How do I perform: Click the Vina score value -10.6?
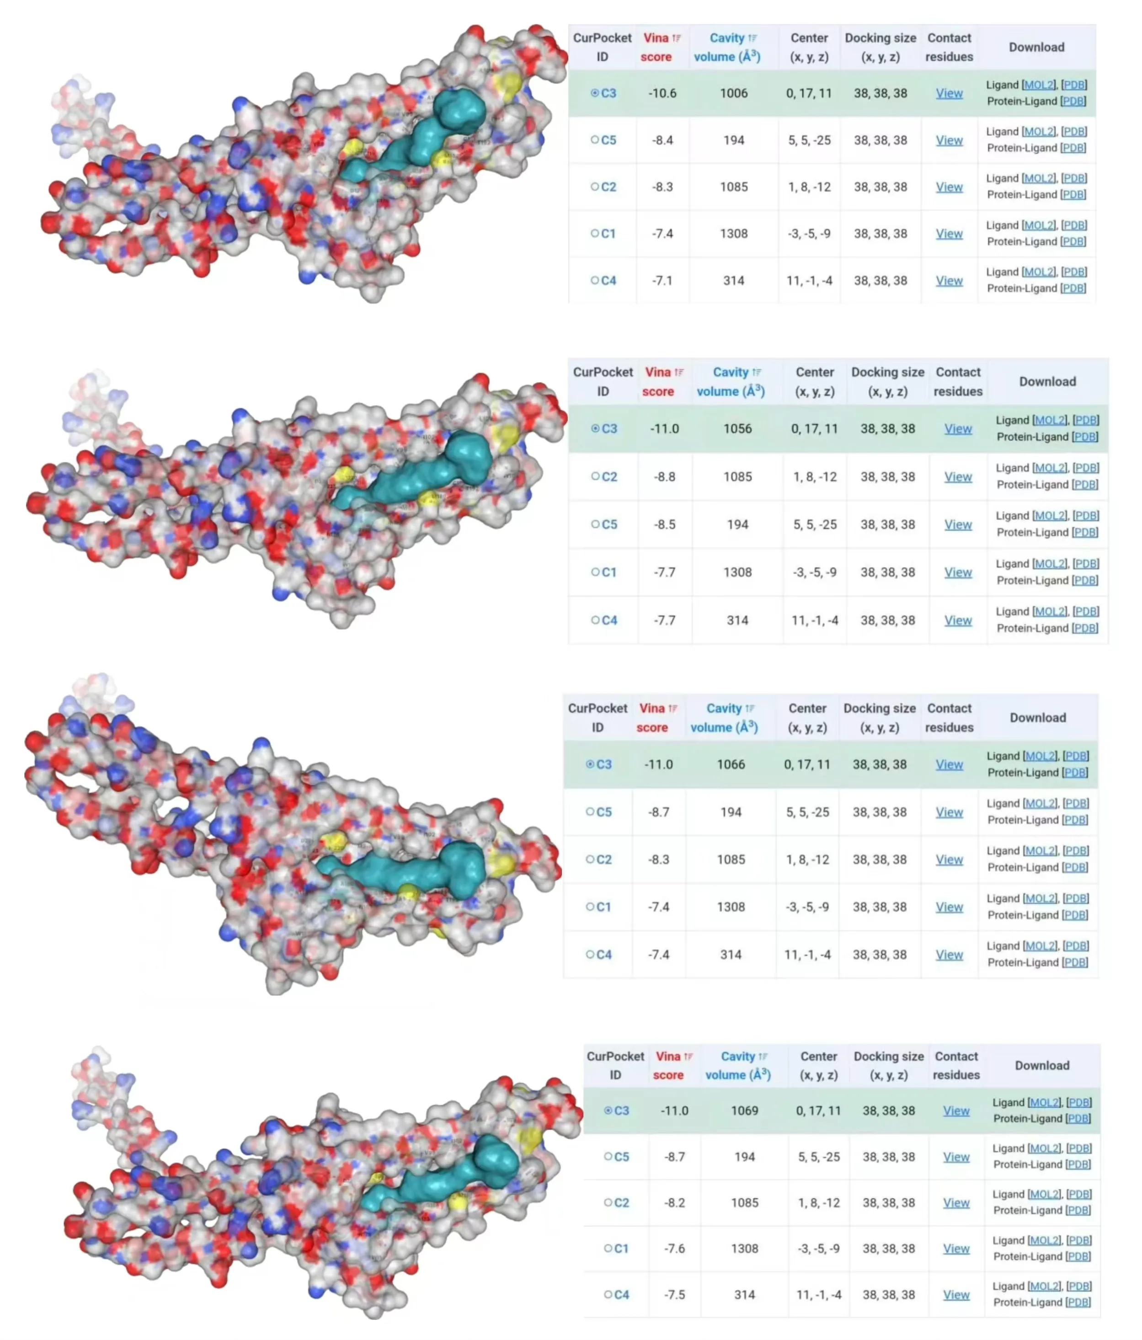[x=662, y=93]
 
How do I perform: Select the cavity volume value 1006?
[x=733, y=93]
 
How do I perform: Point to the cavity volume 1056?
[x=737, y=429]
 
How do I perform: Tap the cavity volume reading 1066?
[x=731, y=764]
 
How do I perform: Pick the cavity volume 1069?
[x=744, y=1110]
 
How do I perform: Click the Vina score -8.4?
[x=662, y=140]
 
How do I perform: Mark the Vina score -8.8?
[x=664, y=477]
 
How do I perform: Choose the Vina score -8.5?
[x=664, y=524]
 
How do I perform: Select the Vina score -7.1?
[x=662, y=281]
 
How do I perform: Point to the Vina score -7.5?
[x=674, y=1294]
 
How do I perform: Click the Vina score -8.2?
[x=674, y=1202]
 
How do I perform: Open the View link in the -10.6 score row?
[x=949, y=93]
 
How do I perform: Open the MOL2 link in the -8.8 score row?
[x=1050, y=468]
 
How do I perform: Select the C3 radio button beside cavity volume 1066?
[x=590, y=764]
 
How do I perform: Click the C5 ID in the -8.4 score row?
[x=608, y=140]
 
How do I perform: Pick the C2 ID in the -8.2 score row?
[x=621, y=1202]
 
